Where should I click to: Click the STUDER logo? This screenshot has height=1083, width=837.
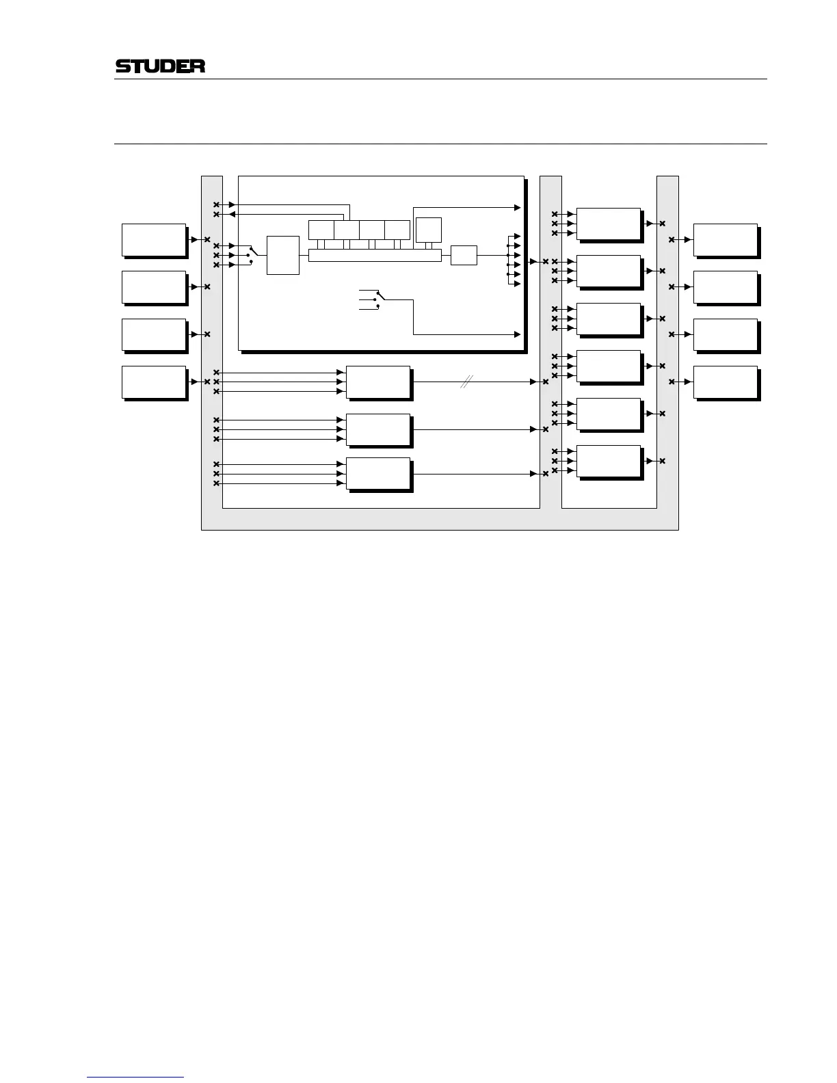point(161,66)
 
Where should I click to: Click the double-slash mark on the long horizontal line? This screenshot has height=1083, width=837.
point(465,382)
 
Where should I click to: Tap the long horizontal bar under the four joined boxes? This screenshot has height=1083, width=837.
point(375,255)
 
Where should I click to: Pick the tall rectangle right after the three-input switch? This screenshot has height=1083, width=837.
point(283,255)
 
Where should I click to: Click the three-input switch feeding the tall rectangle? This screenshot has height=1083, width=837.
point(251,255)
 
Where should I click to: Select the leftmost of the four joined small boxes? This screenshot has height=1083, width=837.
point(321,230)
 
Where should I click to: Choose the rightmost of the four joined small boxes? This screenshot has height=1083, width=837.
point(397,230)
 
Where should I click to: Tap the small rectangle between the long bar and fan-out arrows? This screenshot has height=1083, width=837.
point(464,255)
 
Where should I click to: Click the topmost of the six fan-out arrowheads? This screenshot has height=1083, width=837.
point(518,236)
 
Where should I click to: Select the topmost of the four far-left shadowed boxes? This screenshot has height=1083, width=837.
point(154,239)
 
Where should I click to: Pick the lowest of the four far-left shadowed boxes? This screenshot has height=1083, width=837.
point(154,382)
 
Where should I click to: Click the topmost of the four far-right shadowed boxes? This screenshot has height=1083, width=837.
point(726,239)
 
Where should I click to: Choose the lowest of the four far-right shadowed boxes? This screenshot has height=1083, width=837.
point(726,382)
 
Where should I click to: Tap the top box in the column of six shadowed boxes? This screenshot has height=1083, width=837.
point(609,224)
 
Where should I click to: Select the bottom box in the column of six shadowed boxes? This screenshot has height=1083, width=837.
point(609,462)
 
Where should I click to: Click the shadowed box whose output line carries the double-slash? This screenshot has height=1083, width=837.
point(378,382)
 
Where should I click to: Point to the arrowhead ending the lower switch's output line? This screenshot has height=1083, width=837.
point(518,334)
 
